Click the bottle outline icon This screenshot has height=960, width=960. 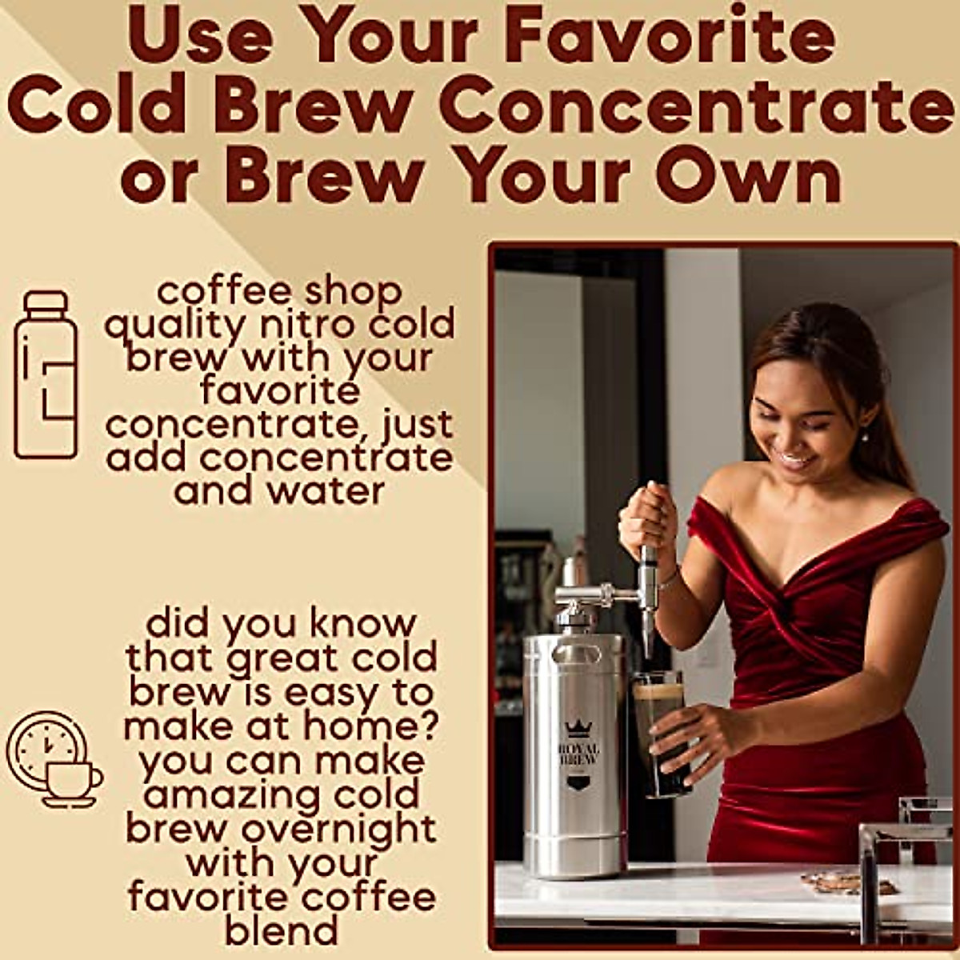pyautogui.click(x=46, y=374)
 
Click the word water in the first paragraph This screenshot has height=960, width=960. pyautogui.click(x=326, y=491)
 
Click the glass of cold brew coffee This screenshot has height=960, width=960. pyautogui.click(x=661, y=732)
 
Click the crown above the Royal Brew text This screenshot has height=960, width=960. pyautogui.click(x=577, y=728)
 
